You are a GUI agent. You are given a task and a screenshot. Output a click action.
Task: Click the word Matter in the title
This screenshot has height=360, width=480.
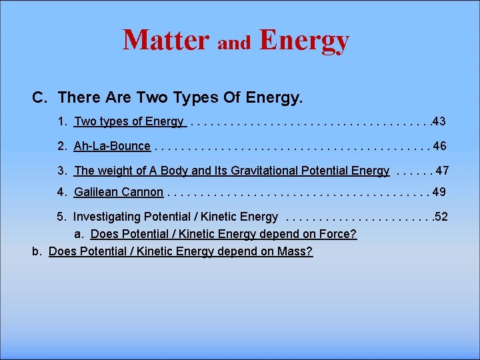click(x=165, y=40)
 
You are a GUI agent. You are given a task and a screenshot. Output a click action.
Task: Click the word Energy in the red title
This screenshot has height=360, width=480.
click(x=304, y=40)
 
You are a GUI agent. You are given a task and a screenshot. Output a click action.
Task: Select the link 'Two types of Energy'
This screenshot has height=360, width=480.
click(x=129, y=121)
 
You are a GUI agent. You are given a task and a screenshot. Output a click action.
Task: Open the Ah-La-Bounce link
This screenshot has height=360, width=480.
click(x=112, y=146)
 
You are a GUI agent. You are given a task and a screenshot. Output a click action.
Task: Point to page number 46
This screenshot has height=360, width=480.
click(x=439, y=146)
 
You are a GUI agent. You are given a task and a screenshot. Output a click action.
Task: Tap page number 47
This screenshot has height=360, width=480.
click(x=442, y=171)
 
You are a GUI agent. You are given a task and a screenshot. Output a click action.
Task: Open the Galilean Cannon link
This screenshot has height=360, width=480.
click(x=119, y=192)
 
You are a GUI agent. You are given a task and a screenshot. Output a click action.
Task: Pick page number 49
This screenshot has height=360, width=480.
click(x=439, y=192)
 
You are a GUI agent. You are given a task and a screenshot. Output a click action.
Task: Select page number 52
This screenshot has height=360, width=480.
click(x=441, y=217)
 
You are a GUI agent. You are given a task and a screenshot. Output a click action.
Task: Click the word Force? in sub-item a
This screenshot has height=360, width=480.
click(x=339, y=234)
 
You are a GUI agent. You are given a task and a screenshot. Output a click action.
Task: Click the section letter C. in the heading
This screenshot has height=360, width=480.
click(x=40, y=97)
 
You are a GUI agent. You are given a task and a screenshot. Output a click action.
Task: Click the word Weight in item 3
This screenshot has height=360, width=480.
click(x=115, y=171)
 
